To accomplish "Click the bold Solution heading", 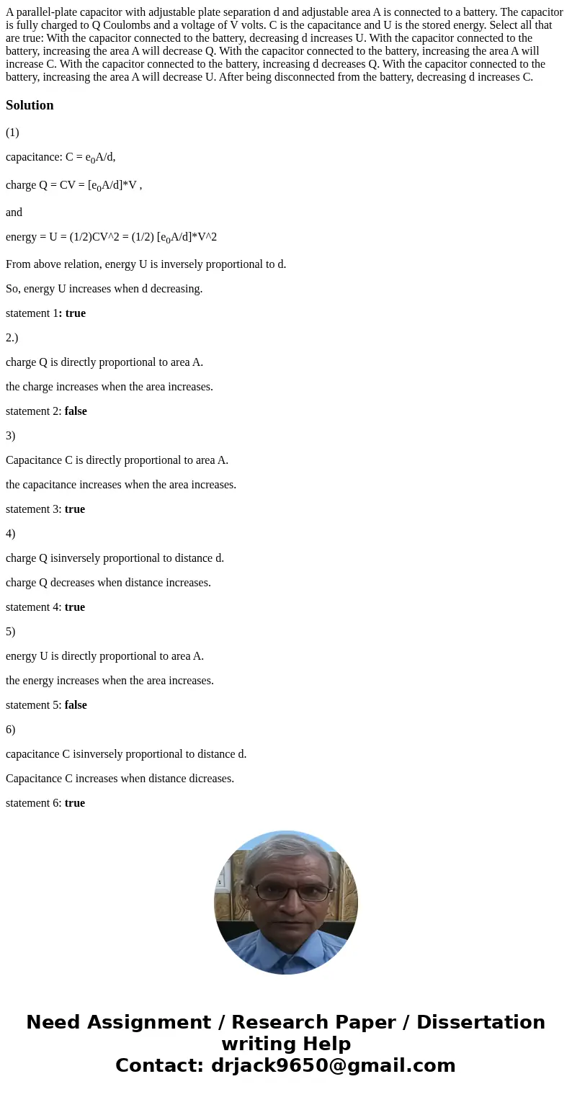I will tap(30, 105).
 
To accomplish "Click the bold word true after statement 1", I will tap(75, 313).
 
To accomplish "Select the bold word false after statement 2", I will tap(76, 411).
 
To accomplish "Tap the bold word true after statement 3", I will tap(75, 509).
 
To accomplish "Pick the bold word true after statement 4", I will tap(75, 607).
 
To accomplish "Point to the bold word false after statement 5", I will tap(76, 705).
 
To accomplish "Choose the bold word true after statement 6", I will tap(75, 803).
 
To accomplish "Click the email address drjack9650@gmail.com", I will tap(332, 1065).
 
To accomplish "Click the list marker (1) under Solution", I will tap(12, 133).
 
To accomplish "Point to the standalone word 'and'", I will tap(14, 212).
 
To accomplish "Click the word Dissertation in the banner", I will tap(481, 1022).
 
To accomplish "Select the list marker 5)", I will tap(10, 632).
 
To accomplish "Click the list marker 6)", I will tap(10, 730).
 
